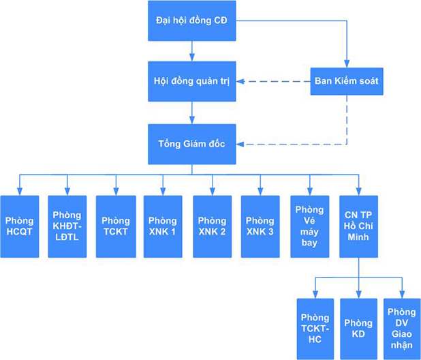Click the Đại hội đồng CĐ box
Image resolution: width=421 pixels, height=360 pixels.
[191, 20]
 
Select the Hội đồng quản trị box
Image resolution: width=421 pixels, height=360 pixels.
[191, 82]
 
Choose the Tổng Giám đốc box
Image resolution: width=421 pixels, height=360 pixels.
[191, 144]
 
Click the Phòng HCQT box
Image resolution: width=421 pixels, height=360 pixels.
[19, 226]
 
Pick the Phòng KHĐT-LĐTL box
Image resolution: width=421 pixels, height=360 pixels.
[67, 226]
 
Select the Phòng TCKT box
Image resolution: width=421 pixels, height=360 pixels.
[115, 226]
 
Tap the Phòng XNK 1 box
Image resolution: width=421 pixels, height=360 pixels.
[163, 226]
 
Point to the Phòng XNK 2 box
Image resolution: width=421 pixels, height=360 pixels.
[212, 226]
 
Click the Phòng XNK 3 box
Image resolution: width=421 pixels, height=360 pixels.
[260, 226]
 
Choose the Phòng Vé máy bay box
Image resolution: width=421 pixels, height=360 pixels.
[310, 226]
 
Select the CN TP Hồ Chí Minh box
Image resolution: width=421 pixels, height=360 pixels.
[358, 226]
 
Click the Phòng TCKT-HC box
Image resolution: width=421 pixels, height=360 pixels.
[315, 329]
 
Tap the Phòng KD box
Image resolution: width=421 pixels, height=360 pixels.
[358, 329]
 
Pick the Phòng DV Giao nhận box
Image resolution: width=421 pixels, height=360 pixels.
[402, 329]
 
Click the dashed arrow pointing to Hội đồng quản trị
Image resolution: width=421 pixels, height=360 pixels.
[272, 82]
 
